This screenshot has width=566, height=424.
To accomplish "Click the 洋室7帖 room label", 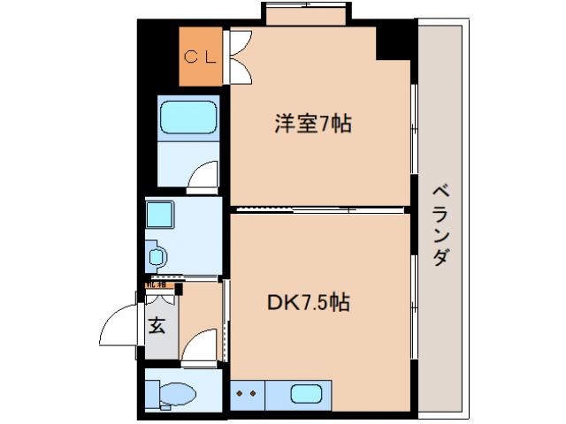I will [x=310, y=125].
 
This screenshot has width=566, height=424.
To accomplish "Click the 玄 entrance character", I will [x=157, y=326].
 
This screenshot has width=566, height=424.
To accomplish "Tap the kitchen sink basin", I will [x=308, y=393].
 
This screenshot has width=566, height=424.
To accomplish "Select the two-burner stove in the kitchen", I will [x=246, y=393].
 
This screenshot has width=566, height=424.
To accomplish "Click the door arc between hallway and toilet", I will [x=202, y=344].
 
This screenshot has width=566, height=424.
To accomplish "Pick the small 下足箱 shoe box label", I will [x=156, y=284].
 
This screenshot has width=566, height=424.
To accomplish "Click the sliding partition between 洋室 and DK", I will [x=320, y=209].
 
